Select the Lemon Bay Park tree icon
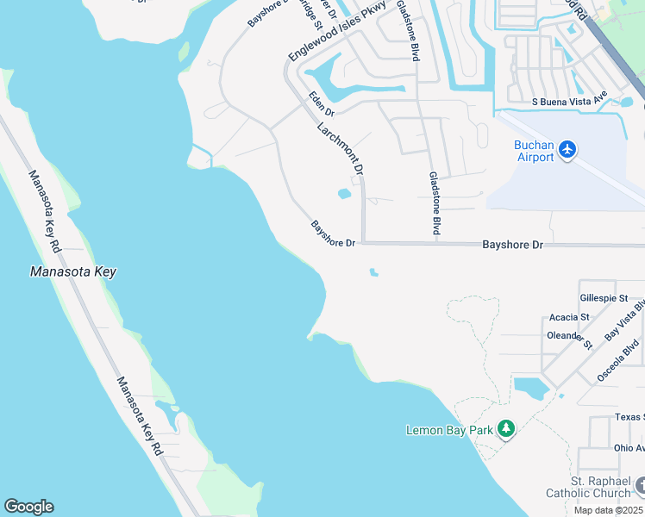coord(506,428)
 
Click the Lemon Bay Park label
coord(449,429)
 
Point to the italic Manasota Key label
coord(72,271)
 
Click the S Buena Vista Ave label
coord(570,101)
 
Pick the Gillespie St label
coord(604,296)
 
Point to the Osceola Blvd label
coord(619,361)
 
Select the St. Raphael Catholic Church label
coord(588,487)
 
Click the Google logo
coord(28,507)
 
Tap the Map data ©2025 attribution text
coord(609,510)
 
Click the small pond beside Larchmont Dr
coord(344,193)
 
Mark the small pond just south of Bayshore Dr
coord(373,272)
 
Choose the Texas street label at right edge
coord(629,417)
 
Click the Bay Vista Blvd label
coord(625,320)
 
